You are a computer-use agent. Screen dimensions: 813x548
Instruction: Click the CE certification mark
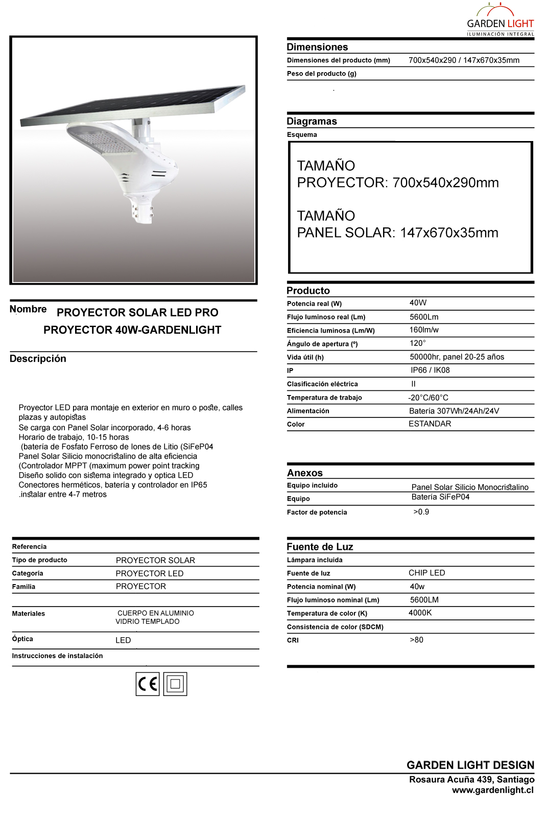148,684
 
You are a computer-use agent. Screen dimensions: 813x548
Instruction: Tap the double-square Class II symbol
175,684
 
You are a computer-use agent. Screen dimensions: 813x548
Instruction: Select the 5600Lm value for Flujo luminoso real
424,317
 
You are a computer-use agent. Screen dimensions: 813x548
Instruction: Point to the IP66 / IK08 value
430,370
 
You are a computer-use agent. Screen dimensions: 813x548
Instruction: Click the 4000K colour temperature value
420,613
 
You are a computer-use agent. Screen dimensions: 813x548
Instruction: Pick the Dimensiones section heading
317,47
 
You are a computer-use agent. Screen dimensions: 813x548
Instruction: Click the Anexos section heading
305,473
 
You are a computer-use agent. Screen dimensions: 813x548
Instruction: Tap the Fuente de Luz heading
320,547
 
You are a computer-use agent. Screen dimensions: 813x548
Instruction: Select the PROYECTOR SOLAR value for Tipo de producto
155,560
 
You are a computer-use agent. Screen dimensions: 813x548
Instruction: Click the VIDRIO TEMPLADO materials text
148,621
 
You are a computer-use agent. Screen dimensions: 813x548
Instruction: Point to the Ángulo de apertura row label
322,344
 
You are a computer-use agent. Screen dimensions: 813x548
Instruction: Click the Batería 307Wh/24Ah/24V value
454,411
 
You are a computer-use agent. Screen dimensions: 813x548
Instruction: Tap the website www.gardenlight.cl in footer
492,790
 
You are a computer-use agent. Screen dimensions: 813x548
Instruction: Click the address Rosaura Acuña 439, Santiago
471,779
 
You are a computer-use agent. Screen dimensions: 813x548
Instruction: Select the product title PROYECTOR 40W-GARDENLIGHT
132,330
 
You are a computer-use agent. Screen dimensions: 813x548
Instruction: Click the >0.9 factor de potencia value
421,512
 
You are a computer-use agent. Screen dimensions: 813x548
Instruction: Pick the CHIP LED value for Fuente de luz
426,573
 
